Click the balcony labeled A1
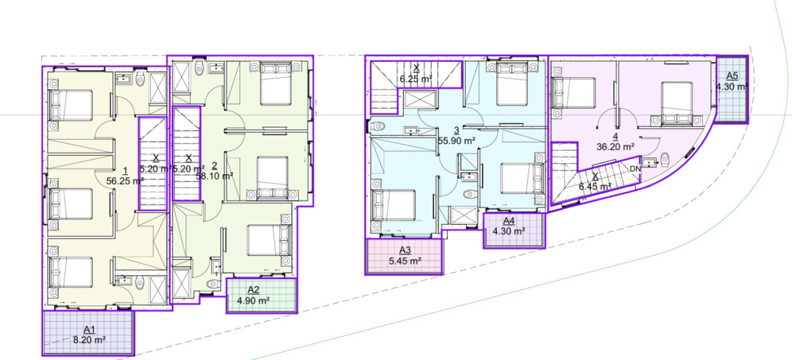pyautogui.click(x=88, y=333)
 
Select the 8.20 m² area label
pyautogui.click(x=90, y=340)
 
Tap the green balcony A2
pyautogui.click(x=261, y=296)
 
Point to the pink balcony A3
pyautogui.click(x=404, y=256)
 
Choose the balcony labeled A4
pyautogui.click(x=514, y=230)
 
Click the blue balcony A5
pyautogui.click(x=731, y=89)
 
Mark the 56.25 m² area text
pyautogui.click(x=125, y=181)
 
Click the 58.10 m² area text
pyautogui.click(x=214, y=176)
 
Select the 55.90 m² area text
pyautogui.click(x=457, y=141)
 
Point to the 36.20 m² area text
pyautogui.click(x=615, y=147)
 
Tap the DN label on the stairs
pyautogui.click(x=635, y=169)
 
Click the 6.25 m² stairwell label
pyautogui.click(x=416, y=79)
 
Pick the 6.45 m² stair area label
pyautogui.click(x=595, y=186)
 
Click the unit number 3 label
pyautogui.click(x=457, y=131)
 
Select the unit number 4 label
pyautogui.click(x=616, y=137)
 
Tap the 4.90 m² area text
pyautogui.click(x=253, y=301)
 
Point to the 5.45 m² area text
pyautogui.click(x=405, y=261)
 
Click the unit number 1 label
pyautogui.click(x=125, y=171)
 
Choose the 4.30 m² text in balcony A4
pyautogui.click(x=509, y=231)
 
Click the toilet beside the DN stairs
pyautogui.click(x=665, y=160)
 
